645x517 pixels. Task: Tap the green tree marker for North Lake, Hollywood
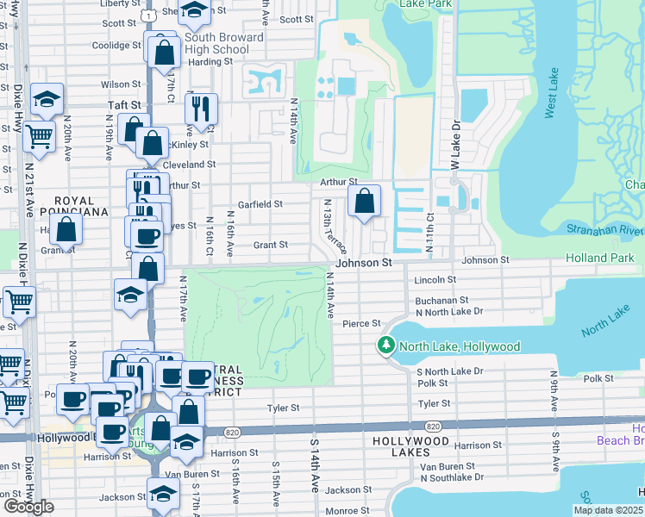point(386,346)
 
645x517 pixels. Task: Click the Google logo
point(28,507)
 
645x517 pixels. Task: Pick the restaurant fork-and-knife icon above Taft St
point(201,108)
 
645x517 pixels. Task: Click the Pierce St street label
point(361,323)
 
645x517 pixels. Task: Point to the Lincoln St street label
point(433,280)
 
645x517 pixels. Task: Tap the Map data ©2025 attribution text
point(609,510)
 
